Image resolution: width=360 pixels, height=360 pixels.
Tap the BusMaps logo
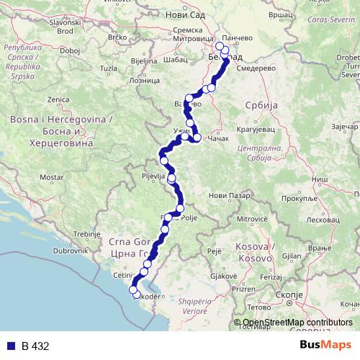point(325,346)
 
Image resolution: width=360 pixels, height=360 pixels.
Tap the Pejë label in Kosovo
point(214,251)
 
